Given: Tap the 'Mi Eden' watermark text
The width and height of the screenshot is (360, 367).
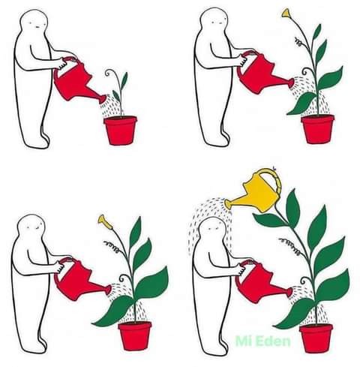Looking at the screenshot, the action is [263, 341].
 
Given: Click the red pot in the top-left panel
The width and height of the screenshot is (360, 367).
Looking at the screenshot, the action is [120, 130].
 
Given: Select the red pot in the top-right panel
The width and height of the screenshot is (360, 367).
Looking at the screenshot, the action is [318, 129].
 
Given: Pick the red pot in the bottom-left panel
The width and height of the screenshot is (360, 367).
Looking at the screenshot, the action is [135, 336].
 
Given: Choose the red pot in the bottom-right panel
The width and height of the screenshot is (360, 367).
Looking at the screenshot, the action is [316, 338].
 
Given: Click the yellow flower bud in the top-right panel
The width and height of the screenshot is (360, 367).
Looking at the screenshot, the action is [286, 13].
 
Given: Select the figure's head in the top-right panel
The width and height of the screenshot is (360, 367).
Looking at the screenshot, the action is [214, 21].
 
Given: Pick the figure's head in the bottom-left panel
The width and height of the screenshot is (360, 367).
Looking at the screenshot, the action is [31, 227].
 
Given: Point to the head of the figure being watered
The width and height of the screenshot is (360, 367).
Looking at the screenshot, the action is [213, 230].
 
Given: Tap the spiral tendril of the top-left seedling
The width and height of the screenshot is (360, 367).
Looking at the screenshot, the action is [109, 72].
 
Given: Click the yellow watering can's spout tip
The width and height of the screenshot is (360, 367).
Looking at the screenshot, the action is [227, 203].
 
